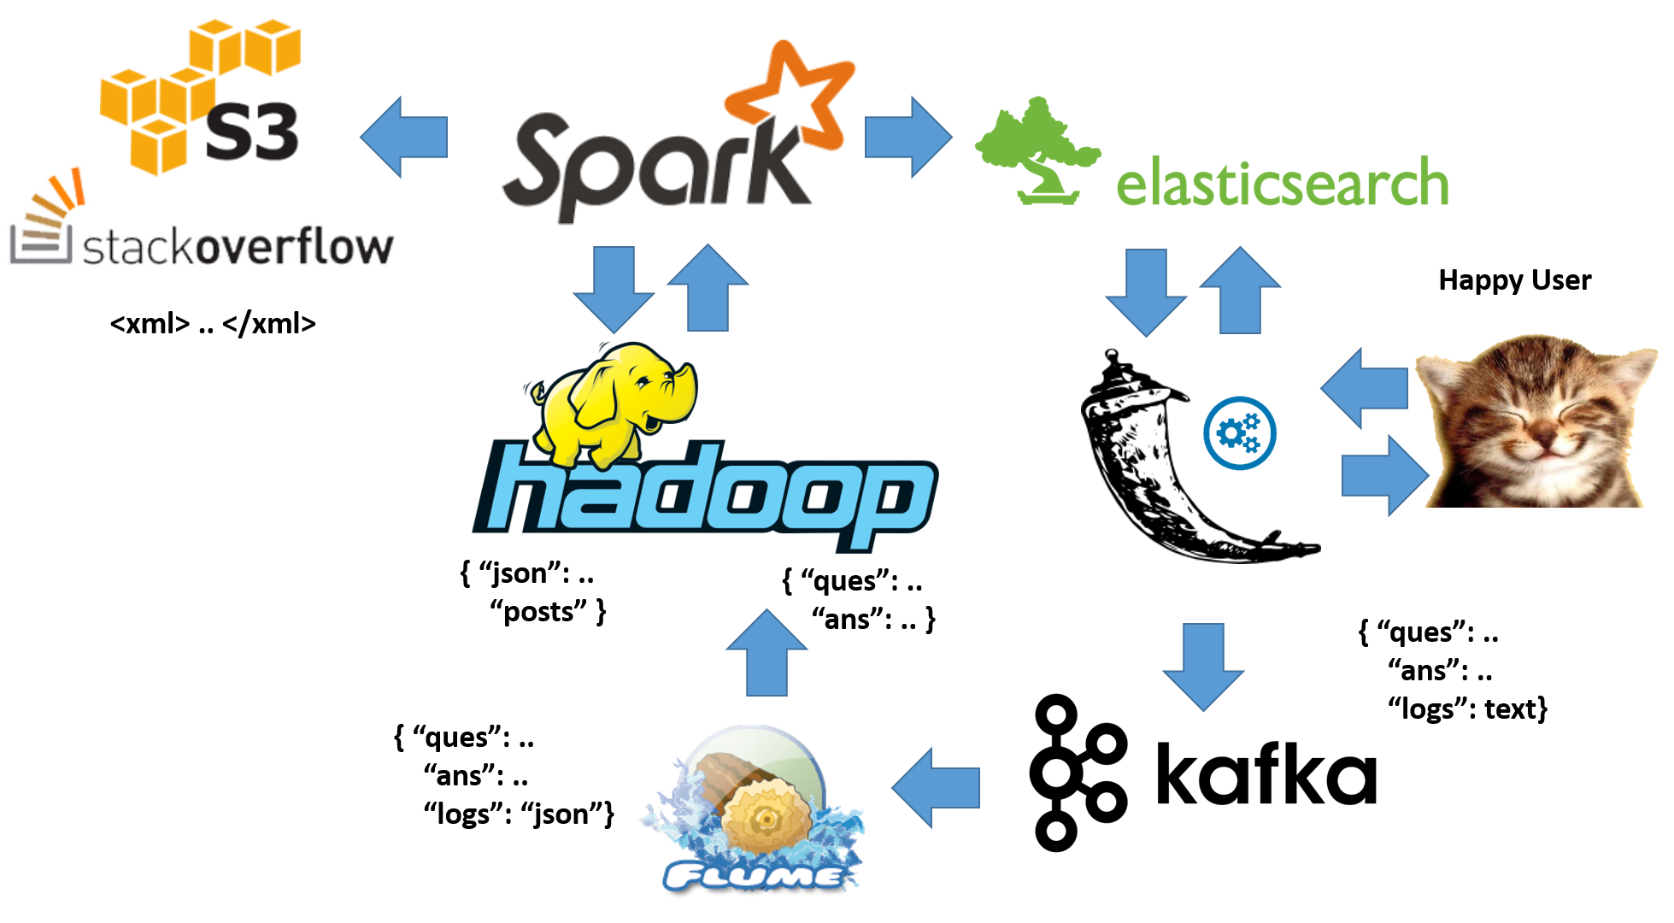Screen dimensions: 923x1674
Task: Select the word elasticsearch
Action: pyautogui.click(x=1282, y=184)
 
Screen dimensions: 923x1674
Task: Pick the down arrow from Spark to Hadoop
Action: pyautogui.click(x=614, y=289)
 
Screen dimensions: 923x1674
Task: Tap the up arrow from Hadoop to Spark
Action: pyautogui.click(x=708, y=289)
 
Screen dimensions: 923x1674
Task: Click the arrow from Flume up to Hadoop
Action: pyautogui.click(x=767, y=652)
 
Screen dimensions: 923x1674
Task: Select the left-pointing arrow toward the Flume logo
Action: pyautogui.click(x=935, y=787)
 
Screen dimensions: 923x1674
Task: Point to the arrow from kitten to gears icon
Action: pyautogui.click(x=1363, y=388)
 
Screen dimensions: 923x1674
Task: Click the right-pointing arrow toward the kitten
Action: pyautogui.click(x=1384, y=475)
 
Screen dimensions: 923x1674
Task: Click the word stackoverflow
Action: pyautogui.click(x=239, y=248)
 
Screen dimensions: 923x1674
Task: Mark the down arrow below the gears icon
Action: pyautogui.click(x=1204, y=667)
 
